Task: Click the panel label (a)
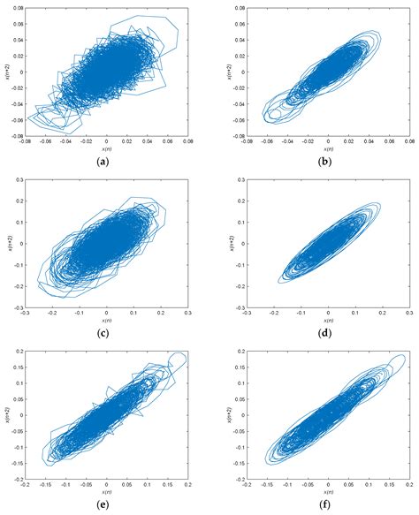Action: [x=106, y=162]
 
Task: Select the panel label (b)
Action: [x=326, y=162]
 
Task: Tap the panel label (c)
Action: [x=106, y=334]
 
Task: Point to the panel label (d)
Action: [x=326, y=334]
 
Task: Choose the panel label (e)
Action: [x=106, y=507]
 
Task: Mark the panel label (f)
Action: [x=326, y=507]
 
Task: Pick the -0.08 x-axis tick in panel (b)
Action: [x=246, y=141]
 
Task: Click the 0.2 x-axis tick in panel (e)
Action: [x=188, y=487]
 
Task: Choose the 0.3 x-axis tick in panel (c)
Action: [x=188, y=314]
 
